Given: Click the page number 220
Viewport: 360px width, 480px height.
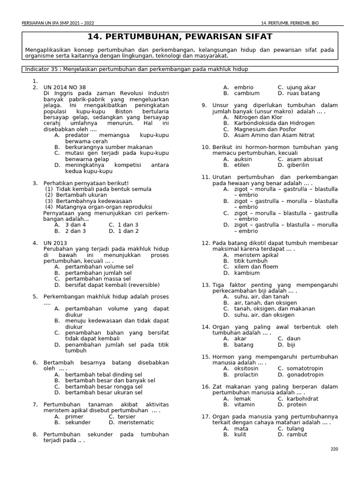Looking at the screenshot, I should (x=334, y=449).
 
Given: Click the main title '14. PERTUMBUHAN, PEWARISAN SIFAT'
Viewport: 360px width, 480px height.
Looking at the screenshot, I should (x=180, y=37).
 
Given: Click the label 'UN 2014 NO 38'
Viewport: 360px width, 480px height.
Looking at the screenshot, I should (x=65, y=87).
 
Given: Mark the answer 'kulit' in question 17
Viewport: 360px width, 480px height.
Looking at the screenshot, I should (x=241, y=435).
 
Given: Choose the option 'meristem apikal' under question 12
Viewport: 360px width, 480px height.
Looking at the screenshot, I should (x=256, y=255).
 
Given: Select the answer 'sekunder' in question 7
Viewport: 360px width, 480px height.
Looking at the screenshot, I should (x=78, y=422).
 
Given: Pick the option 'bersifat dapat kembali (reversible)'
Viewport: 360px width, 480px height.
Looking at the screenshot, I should (x=112, y=285).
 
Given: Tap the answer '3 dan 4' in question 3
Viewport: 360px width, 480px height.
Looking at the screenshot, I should (x=75, y=225).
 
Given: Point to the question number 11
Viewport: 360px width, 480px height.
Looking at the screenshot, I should (x=205, y=177).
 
